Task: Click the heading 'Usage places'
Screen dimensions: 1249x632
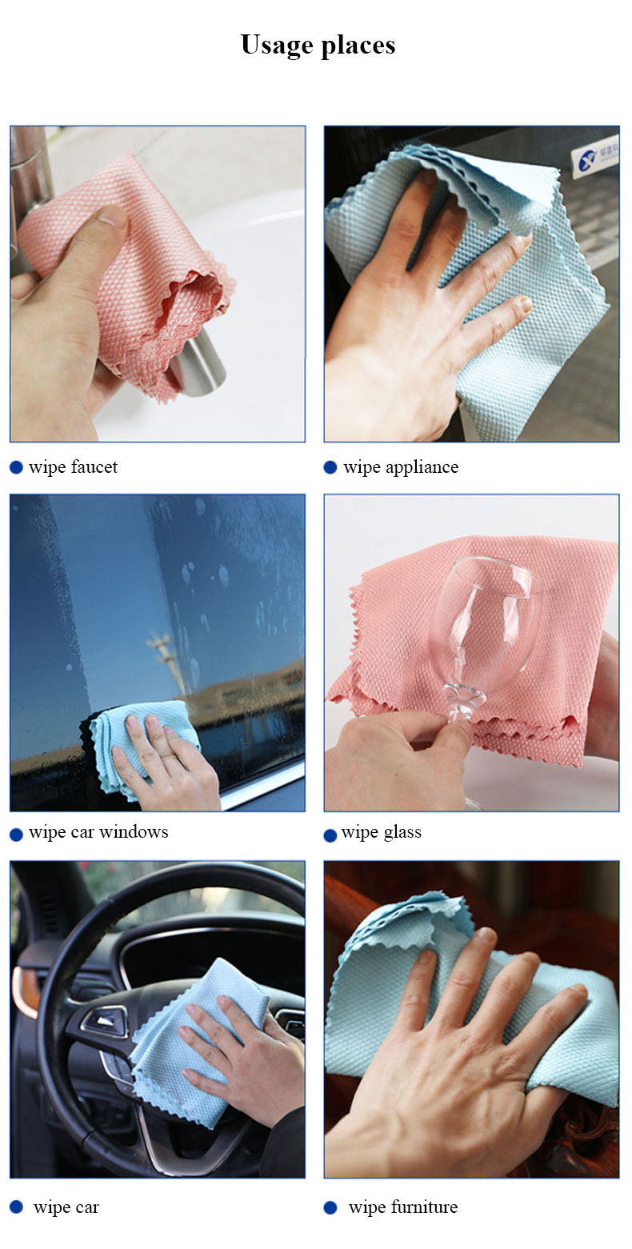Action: click(x=318, y=45)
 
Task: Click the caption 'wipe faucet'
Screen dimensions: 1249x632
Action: click(x=73, y=467)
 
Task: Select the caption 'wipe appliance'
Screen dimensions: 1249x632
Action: click(x=401, y=467)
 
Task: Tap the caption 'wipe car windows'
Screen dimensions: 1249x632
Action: click(x=98, y=832)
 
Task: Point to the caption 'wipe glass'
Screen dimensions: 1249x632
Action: click(x=381, y=833)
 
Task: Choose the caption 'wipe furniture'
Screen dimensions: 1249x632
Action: click(x=402, y=1207)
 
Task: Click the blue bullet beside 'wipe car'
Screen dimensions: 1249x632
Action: click(x=16, y=1207)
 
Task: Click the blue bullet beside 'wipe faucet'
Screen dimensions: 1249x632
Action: click(x=16, y=467)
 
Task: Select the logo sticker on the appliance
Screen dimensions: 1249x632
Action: click(x=594, y=160)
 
